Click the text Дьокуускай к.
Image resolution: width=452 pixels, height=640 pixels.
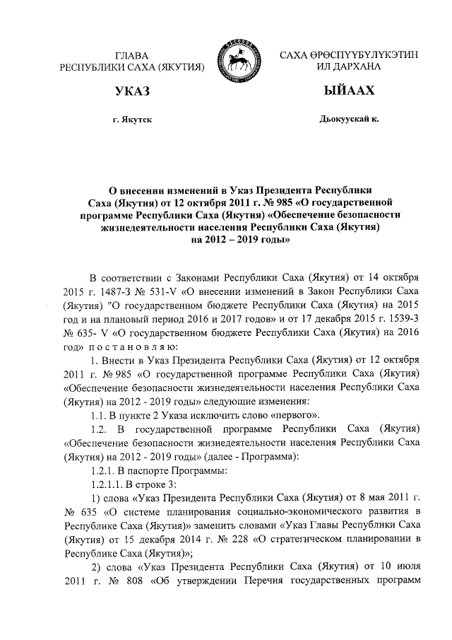click(x=350, y=120)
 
